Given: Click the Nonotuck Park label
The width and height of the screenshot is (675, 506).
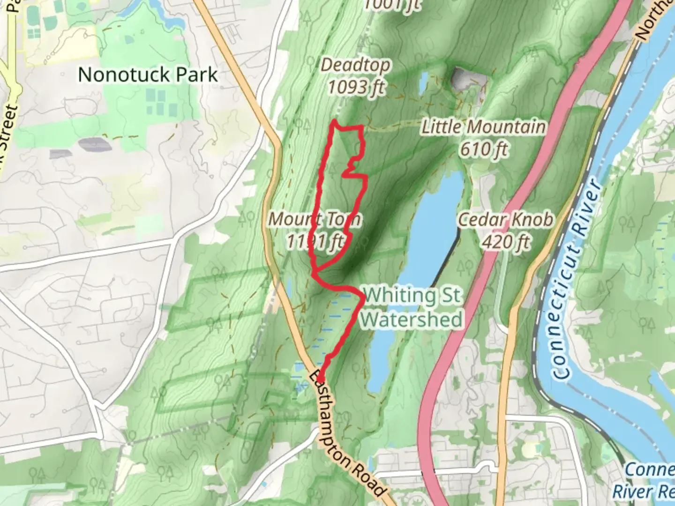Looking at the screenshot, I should point(148,74).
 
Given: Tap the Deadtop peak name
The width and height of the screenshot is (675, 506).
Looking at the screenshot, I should point(355,65).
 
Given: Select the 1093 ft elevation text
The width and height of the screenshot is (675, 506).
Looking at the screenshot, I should point(356,87).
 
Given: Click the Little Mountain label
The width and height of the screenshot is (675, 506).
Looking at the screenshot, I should point(483,127).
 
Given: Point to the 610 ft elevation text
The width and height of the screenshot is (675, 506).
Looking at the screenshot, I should point(484,149).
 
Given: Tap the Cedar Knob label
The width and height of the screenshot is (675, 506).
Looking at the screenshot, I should point(505,219).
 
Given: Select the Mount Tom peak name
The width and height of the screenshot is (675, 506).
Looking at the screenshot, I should point(314,219).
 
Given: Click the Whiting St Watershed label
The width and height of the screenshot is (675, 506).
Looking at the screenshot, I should point(412,307).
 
